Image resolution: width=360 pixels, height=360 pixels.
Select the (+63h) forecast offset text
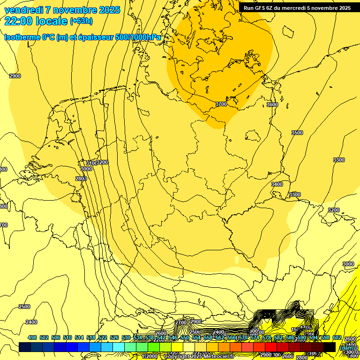click(81, 21)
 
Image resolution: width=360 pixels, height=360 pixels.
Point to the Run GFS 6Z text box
click(297, 8)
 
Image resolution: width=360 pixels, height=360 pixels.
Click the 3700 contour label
click(221, 104)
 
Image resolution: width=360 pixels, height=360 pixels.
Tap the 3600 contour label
click(272, 105)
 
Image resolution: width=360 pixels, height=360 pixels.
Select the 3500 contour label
click(297, 133)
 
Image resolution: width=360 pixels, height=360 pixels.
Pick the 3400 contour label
click(277, 184)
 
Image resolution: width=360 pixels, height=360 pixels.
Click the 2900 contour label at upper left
click(15, 76)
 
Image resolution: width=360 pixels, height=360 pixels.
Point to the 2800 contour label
click(81, 179)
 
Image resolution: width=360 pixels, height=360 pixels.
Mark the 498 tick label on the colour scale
click(32, 337)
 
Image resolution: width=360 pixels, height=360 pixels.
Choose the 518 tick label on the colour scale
click(91, 337)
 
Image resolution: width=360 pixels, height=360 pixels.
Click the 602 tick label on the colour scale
click(337, 337)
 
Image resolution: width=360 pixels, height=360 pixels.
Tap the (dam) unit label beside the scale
click(347, 348)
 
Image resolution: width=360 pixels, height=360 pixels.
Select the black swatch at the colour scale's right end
click(330, 347)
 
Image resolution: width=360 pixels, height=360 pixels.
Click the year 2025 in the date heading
click(108, 10)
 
